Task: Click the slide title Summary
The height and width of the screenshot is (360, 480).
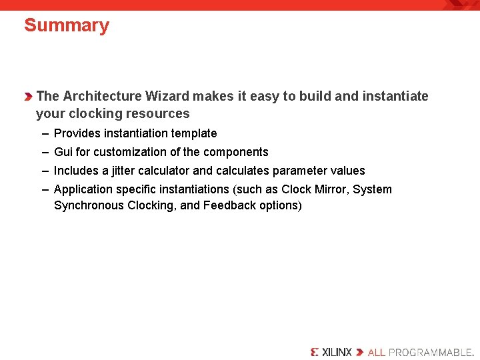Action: pyautogui.click(x=66, y=25)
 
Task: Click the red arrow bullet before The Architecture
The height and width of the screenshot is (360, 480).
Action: pyautogui.click(x=28, y=97)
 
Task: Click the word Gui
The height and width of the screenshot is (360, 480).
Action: pyautogui.click(x=63, y=152)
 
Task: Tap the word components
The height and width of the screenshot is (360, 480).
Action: pyautogui.click(x=235, y=152)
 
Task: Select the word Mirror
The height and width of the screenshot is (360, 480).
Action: pyautogui.click(x=330, y=189)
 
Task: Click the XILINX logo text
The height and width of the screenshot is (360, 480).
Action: pyautogui.click(x=336, y=352)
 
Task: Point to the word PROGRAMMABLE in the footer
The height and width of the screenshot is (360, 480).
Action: pyautogui.click(x=430, y=352)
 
